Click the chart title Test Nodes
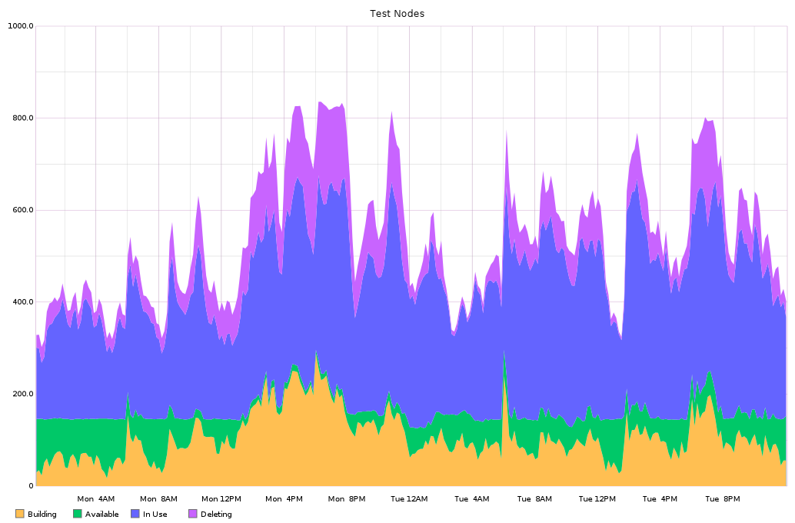click(x=397, y=13)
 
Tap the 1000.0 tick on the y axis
click(x=21, y=26)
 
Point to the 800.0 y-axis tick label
click(x=22, y=118)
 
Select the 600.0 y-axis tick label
click(x=22, y=210)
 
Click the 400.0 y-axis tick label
click(x=22, y=302)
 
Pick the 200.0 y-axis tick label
click(x=22, y=394)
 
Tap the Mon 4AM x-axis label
click(x=96, y=499)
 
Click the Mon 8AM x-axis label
click(x=159, y=499)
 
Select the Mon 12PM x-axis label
click(x=221, y=499)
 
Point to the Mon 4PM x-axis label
click(x=284, y=499)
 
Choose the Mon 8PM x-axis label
click(x=347, y=499)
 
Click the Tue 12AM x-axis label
click(x=409, y=499)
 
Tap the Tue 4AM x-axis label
click(x=472, y=499)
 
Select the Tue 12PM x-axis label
click(x=597, y=499)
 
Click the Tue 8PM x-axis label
click(x=722, y=499)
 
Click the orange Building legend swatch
click(x=20, y=514)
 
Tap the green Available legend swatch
click(x=78, y=514)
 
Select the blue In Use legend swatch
click(x=135, y=514)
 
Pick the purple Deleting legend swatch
click(x=193, y=514)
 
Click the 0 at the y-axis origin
click(x=30, y=486)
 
